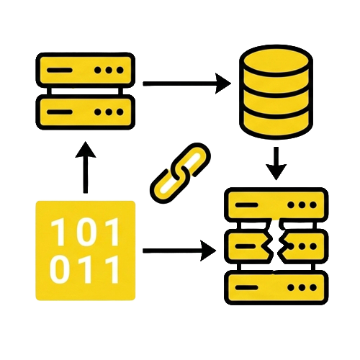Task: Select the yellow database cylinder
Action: pyautogui.click(x=276, y=92)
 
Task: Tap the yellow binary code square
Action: pyautogui.click(x=86, y=251)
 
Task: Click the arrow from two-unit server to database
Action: pyautogui.click(x=186, y=84)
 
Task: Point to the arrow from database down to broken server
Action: pyautogui.click(x=276, y=163)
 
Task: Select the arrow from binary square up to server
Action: pyautogui.click(x=86, y=167)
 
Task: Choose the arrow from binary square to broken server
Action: pyautogui.click(x=179, y=251)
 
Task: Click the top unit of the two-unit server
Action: pyautogui.click(x=86, y=70)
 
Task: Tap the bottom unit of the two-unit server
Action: pyautogui.click(x=86, y=112)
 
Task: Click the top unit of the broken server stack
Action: pyautogui.click(x=276, y=204)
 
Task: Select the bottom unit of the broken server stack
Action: pyautogui.click(x=276, y=287)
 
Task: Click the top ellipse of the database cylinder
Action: pyautogui.click(x=276, y=60)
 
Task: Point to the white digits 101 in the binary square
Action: pyautogui.click(x=85, y=231)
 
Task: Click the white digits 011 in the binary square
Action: pyautogui.click(x=85, y=269)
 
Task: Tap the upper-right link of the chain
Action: pyautogui.click(x=192, y=160)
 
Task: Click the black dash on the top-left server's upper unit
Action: pyautogui.click(x=60, y=71)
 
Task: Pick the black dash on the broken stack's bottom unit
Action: pyautogui.click(x=247, y=287)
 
